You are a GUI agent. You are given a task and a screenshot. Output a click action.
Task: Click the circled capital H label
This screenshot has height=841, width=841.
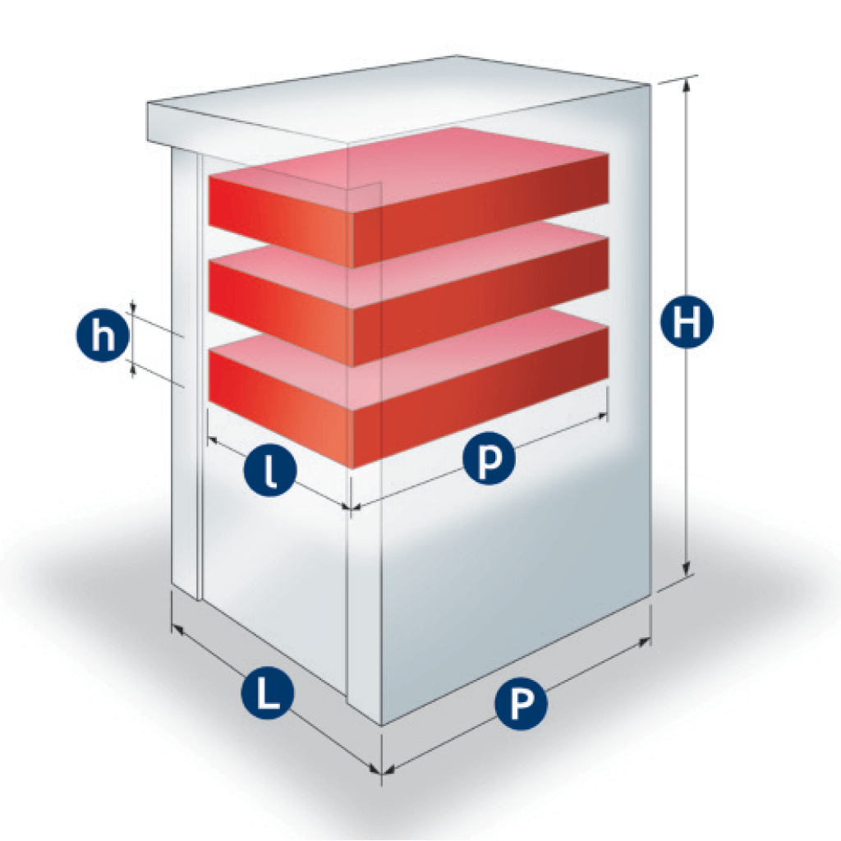[687, 322]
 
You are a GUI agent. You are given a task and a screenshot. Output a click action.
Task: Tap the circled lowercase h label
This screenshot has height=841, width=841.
[103, 336]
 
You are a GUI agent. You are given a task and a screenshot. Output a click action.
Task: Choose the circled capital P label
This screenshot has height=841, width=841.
[522, 703]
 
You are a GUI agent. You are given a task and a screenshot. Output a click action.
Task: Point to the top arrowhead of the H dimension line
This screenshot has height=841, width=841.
[686, 85]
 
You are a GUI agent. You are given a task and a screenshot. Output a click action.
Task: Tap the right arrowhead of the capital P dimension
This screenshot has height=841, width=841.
[644, 642]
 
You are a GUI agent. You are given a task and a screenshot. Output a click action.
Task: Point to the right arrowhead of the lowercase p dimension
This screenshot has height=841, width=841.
[600, 416]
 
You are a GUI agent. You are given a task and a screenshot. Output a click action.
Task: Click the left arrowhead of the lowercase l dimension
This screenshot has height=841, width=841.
[213, 441]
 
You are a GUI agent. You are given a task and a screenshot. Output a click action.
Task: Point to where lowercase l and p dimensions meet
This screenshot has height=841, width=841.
[350, 506]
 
